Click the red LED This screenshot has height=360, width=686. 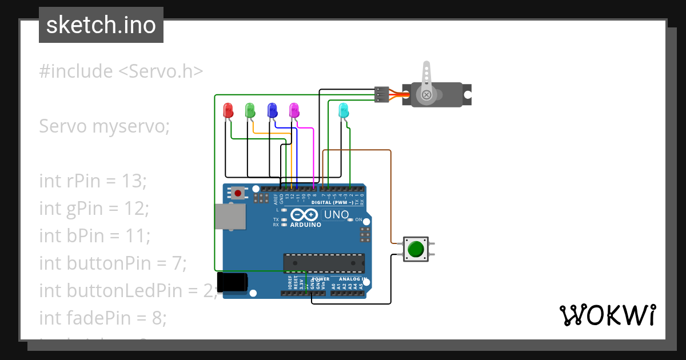pyautogui.click(x=228, y=110)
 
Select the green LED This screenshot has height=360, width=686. pyautogui.click(x=250, y=110)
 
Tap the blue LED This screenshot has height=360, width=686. pyautogui.click(x=272, y=110)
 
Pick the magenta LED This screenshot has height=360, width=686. pyautogui.click(x=294, y=110)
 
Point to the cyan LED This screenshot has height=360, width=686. pyautogui.click(x=344, y=110)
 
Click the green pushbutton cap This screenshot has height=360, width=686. pyautogui.click(x=416, y=249)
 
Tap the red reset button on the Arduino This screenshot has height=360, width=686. pyautogui.click(x=237, y=193)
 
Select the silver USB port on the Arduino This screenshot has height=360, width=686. pyautogui.click(x=230, y=216)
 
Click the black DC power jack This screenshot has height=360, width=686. pyautogui.click(x=234, y=283)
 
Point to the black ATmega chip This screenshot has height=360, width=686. pyautogui.click(x=324, y=262)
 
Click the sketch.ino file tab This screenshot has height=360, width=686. pyautogui.click(x=101, y=25)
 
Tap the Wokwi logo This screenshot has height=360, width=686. pyautogui.click(x=607, y=315)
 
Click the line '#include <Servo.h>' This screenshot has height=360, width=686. pyautogui.click(x=121, y=71)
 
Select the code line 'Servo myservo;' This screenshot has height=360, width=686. pyautogui.click(x=105, y=126)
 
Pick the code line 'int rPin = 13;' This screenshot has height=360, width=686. pyautogui.click(x=93, y=181)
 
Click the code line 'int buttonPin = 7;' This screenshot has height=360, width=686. pyautogui.click(x=113, y=263)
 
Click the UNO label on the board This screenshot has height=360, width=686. pyautogui.click(x=336, y=215)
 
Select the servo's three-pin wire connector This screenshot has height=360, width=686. pyautogui.click(x=381, y=94)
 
